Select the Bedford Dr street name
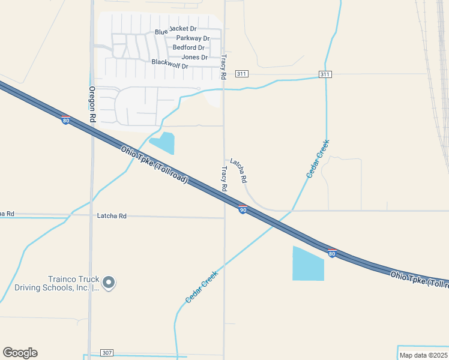point(188,47)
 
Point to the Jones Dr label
point(194,58)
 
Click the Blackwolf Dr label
point(170,63)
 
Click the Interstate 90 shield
point(243,209)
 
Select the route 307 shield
point(107,353)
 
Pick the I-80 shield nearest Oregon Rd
point(65,121)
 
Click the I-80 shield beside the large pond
point(332,253)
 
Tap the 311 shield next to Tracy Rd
point(241,74)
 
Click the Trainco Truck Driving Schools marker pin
point(108,282)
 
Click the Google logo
point(20,353)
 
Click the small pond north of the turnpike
point(163,143)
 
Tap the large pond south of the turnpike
point(308,264)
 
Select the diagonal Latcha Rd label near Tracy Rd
point(239,171)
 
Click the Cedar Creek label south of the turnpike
point(202,286)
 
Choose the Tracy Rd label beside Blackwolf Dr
point(223,67)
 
